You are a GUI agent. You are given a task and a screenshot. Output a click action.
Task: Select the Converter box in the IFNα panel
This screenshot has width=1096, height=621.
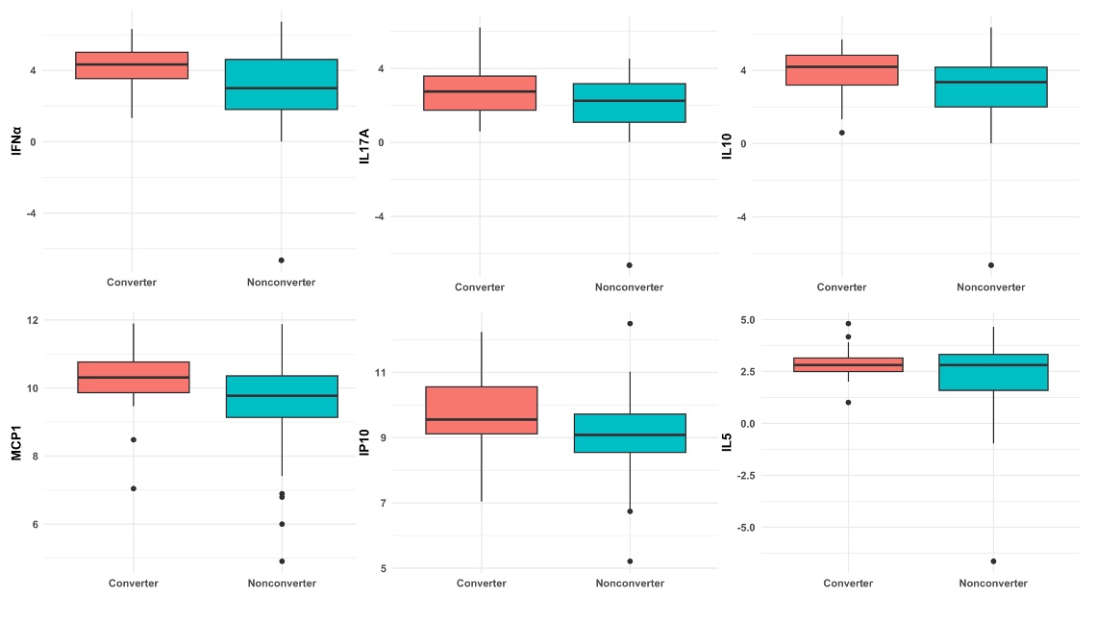pos(132,65)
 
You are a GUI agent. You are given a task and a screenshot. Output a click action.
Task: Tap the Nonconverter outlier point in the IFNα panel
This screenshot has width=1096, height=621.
pos(281,261)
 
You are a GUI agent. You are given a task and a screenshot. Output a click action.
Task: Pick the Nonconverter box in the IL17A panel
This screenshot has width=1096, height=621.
pos(629,103)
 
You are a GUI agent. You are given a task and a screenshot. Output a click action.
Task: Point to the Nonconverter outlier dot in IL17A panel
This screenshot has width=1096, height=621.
pos(629,265)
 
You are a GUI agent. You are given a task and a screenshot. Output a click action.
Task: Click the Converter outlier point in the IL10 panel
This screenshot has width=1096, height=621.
pos(841,133)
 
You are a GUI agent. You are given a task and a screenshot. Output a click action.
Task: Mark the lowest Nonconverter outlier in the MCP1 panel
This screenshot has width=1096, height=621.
pos(282,561)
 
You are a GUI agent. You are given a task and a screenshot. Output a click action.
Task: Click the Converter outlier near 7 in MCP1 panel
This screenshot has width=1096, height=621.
pos(133,488)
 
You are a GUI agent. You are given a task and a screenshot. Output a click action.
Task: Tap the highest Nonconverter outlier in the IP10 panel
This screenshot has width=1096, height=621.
pos(630,323)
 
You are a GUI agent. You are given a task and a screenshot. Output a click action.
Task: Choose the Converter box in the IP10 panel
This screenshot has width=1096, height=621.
pos(481,410)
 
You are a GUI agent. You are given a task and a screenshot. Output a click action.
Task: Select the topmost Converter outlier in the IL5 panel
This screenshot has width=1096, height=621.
pos(848,323)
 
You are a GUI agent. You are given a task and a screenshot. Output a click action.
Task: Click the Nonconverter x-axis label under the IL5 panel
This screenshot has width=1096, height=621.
pos(993,584)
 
